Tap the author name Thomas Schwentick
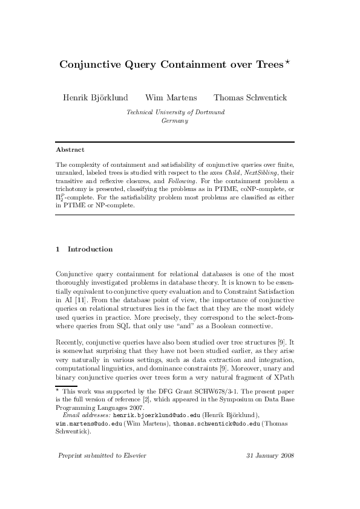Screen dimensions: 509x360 click(250, 98)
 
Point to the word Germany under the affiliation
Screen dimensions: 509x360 click(175, 120)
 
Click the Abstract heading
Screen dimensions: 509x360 click(70, 149)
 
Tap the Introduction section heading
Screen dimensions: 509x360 click(90, 249)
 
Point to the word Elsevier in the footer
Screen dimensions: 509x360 click(133, 472)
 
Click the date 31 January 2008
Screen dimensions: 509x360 click(270, 472)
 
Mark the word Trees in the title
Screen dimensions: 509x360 click(268, 65)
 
